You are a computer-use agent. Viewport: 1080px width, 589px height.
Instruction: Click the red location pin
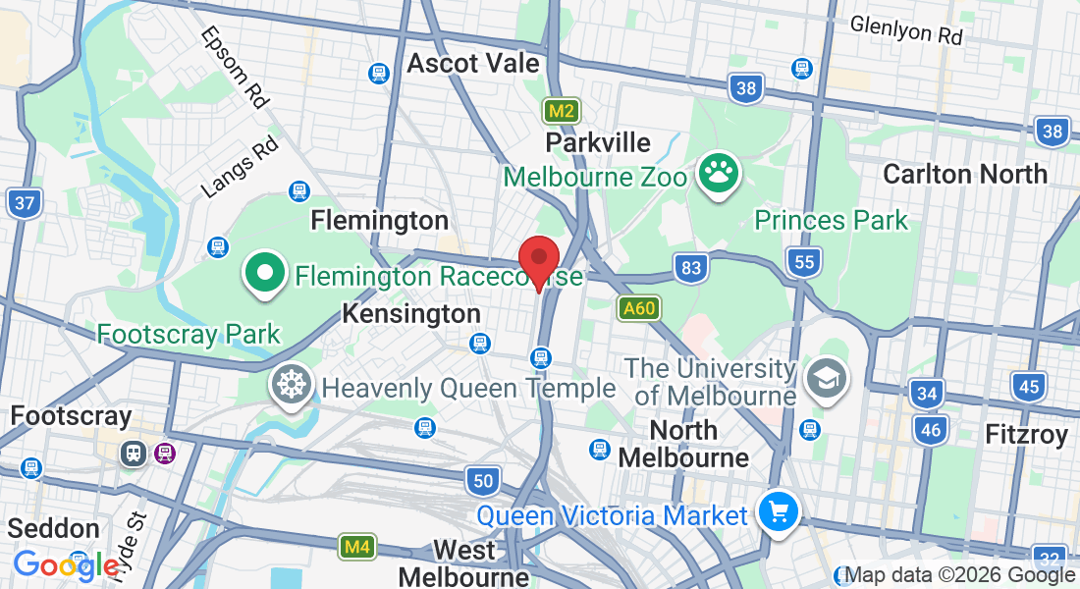538,258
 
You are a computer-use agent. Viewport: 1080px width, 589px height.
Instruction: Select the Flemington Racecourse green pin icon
265,274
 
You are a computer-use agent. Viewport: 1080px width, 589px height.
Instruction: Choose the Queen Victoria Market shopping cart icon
780,512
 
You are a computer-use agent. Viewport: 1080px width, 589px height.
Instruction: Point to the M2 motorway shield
562,111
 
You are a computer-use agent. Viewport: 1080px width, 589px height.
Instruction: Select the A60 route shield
638,309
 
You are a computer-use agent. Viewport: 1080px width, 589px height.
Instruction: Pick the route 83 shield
691,267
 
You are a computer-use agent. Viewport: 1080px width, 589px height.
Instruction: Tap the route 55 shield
803,261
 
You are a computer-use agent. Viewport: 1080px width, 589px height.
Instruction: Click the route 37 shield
23,204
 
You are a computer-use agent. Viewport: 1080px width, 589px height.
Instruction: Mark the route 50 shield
482,480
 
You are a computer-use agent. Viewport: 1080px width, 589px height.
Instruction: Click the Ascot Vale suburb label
473,64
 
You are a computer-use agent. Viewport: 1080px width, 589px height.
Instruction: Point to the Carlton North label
964,175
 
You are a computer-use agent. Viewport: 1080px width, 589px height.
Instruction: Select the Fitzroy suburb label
1025,435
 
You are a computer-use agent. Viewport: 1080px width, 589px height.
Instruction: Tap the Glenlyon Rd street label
906,29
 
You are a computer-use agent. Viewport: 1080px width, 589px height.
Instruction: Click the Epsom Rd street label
234,67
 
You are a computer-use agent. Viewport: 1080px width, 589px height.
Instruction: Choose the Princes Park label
832,219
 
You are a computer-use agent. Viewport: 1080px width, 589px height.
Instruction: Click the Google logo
66,565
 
